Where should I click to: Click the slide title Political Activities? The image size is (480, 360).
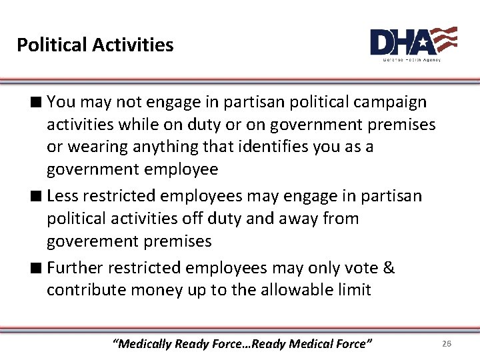pyautogui.click(x=95, y=45)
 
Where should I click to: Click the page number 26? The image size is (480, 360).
pyautogui.click(x=447, y=343)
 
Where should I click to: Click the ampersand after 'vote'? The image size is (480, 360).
pyautogui.click(x=389, y=268)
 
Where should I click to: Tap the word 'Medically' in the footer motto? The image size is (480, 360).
pyautogui.click(x=143, y=344)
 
